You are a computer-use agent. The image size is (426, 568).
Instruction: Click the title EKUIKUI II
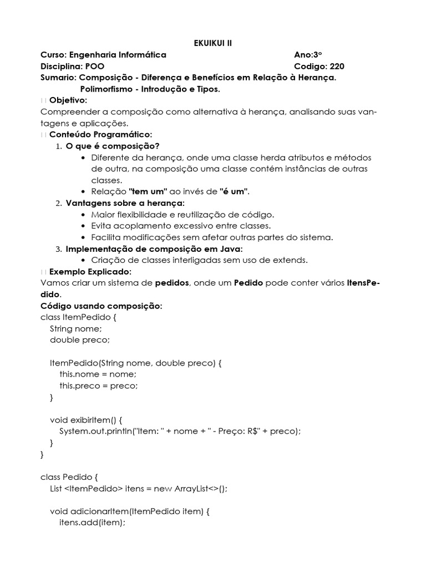(x=212, y=43)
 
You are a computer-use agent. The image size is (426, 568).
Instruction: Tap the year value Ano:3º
(x=308, y=55)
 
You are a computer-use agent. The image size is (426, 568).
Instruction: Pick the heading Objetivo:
(x=68, y=100)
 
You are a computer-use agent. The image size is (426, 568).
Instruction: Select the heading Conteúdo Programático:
(x=100, y=135)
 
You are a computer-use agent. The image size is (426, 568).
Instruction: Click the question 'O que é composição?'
(x=113, y=146)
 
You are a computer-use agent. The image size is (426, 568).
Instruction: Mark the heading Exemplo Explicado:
(x=90, y=272)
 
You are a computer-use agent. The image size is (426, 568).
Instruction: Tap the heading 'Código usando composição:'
(x=102, y=306)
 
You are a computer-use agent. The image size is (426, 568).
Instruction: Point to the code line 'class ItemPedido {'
(x=78, y=317)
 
